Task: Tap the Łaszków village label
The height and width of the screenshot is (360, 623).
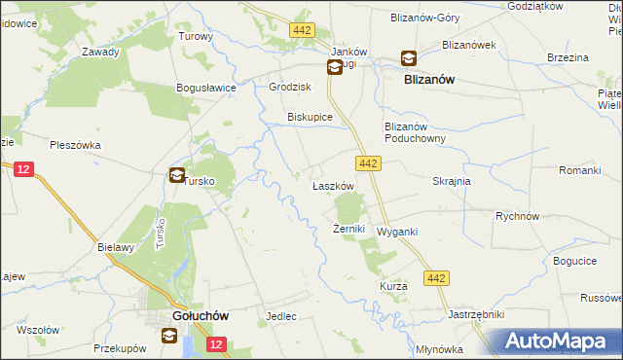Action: (331, 185)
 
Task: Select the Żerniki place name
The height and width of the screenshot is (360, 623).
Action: (348, 230)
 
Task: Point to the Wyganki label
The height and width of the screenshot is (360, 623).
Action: (397, 232)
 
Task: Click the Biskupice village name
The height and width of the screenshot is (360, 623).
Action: (310, 117)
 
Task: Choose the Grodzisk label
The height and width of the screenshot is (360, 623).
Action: (288, 87)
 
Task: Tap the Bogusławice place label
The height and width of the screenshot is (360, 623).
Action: (206, 88)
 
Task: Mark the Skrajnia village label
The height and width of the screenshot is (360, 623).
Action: (452, 181)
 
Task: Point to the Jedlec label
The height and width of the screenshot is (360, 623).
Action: (280, 317)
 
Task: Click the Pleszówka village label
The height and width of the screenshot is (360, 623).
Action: (77, 145)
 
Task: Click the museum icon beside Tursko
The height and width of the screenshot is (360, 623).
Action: (177, 176)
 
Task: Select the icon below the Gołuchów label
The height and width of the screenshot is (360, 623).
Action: (170, 336)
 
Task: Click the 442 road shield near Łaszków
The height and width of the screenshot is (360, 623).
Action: (367, 164)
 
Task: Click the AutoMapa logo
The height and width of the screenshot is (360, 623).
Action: (558, 342)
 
